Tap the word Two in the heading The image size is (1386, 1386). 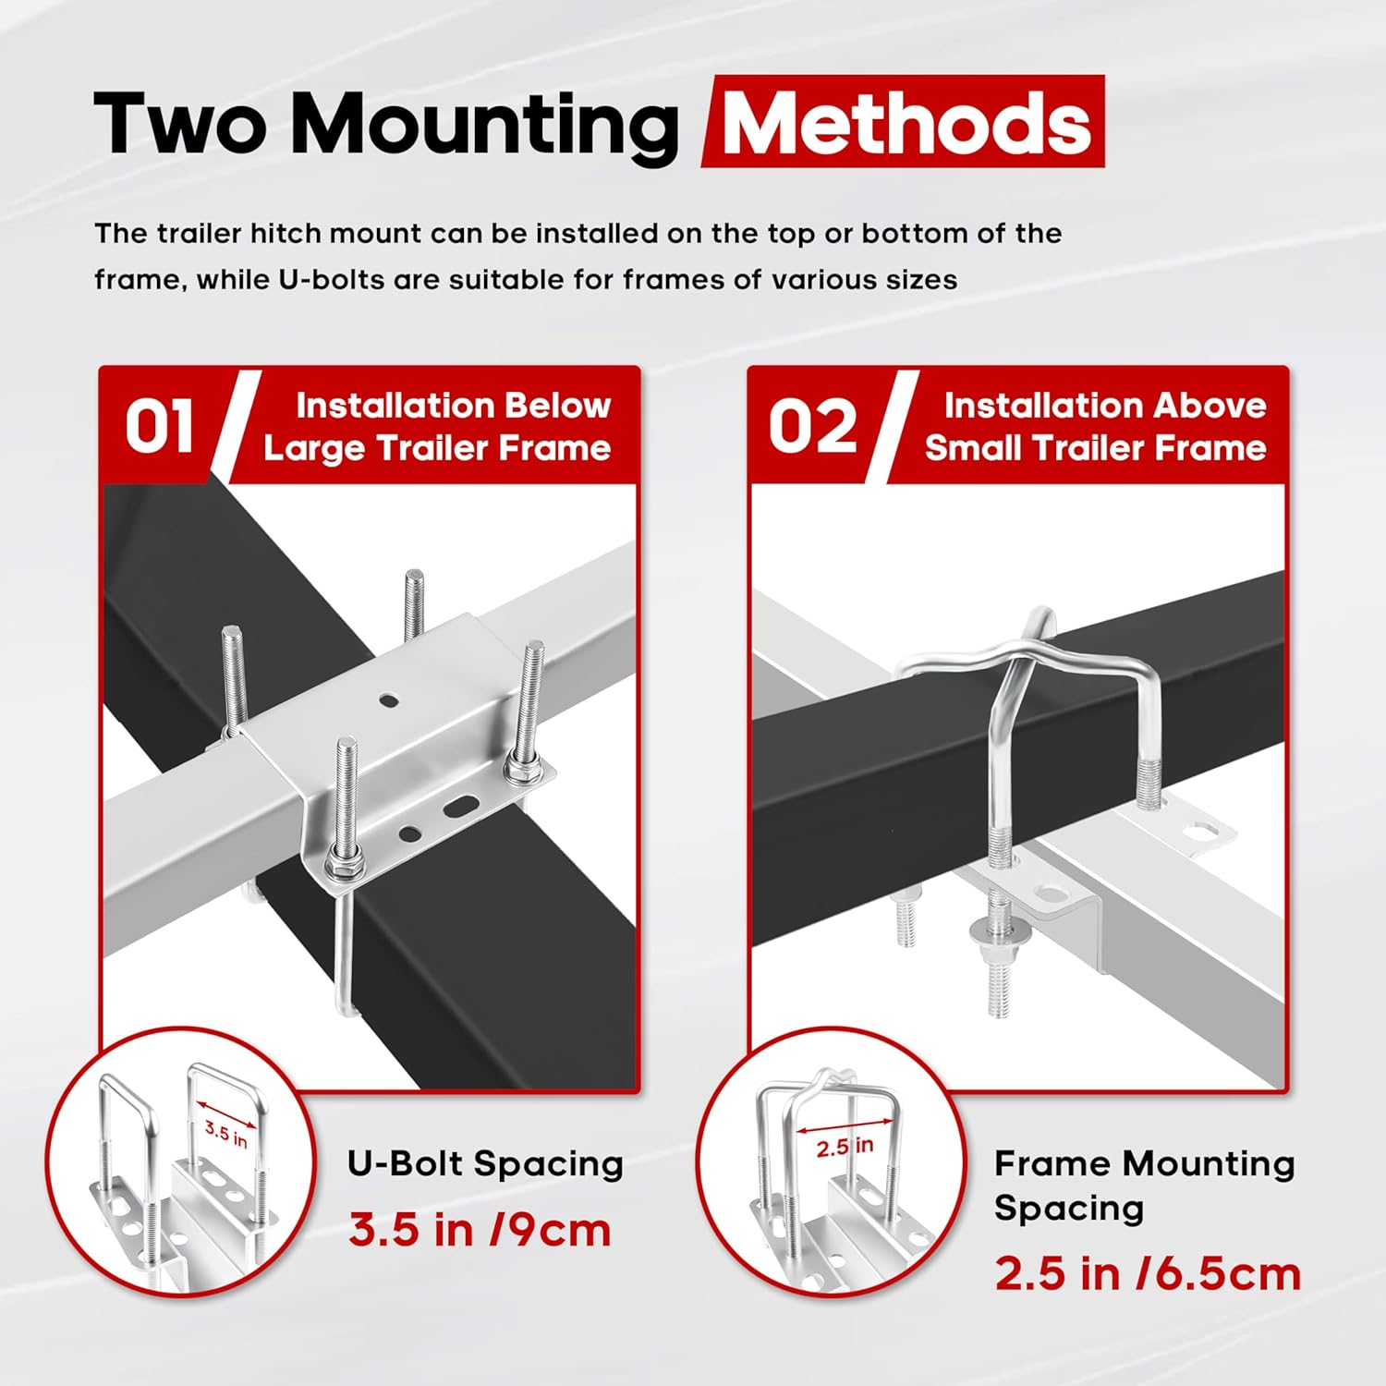180,125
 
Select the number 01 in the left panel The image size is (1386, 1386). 159,427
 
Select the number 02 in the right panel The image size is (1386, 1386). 812,427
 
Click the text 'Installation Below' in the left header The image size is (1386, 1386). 453,406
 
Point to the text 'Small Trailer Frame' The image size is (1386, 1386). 1095,448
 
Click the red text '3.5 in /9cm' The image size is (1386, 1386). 480,1231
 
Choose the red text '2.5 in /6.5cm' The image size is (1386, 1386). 1147,1274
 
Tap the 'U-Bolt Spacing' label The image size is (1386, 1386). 485,1163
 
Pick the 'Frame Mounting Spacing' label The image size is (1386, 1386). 1143,1185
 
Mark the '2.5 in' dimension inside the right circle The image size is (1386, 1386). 845,1148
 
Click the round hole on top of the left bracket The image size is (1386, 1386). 389,701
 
